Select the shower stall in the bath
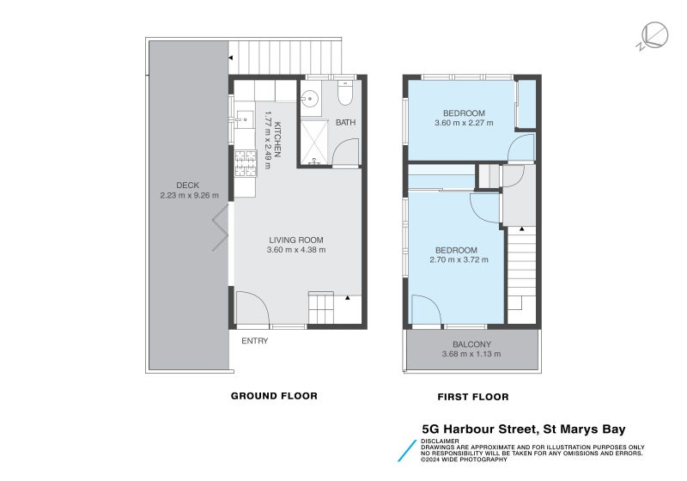(x=313, y=142)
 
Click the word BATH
(x=345, y=123)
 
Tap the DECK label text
(x=188, y=185)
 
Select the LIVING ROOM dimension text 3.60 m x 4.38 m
(x=296, y=250)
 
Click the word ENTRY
(x=255, y=341)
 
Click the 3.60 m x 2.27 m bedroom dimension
(x=464, y=123)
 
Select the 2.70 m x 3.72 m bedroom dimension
(x=459, y=259)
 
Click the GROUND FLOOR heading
(x=274, y=396)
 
